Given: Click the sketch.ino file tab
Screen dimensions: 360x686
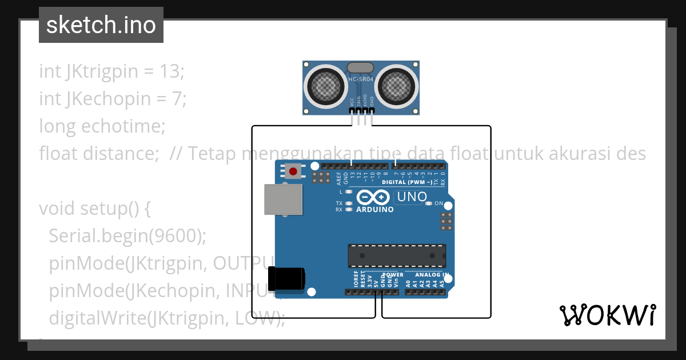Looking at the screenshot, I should [101, 25].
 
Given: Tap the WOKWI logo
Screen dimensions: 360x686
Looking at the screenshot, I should [607, 315].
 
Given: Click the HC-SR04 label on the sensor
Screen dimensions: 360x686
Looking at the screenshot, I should [361, 79].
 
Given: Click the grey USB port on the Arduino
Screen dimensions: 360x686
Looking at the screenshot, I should [282, 200].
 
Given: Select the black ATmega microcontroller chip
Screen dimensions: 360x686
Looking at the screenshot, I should [397, 255].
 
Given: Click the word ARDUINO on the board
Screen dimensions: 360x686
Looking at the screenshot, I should [375, 210].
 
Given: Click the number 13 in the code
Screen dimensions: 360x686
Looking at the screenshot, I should [170, 71].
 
